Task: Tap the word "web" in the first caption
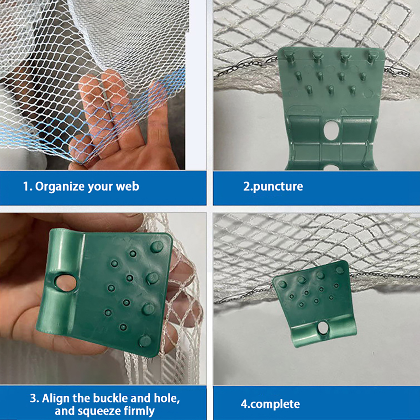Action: (x=128, y=186)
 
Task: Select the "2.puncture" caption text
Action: (x=273, y=187)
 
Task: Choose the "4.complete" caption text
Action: (x=270, y=404)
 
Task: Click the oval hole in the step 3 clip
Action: (x=66, y=283)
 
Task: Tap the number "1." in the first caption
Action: (x=28, y=187)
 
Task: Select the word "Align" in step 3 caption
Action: (x=56, y=398)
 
